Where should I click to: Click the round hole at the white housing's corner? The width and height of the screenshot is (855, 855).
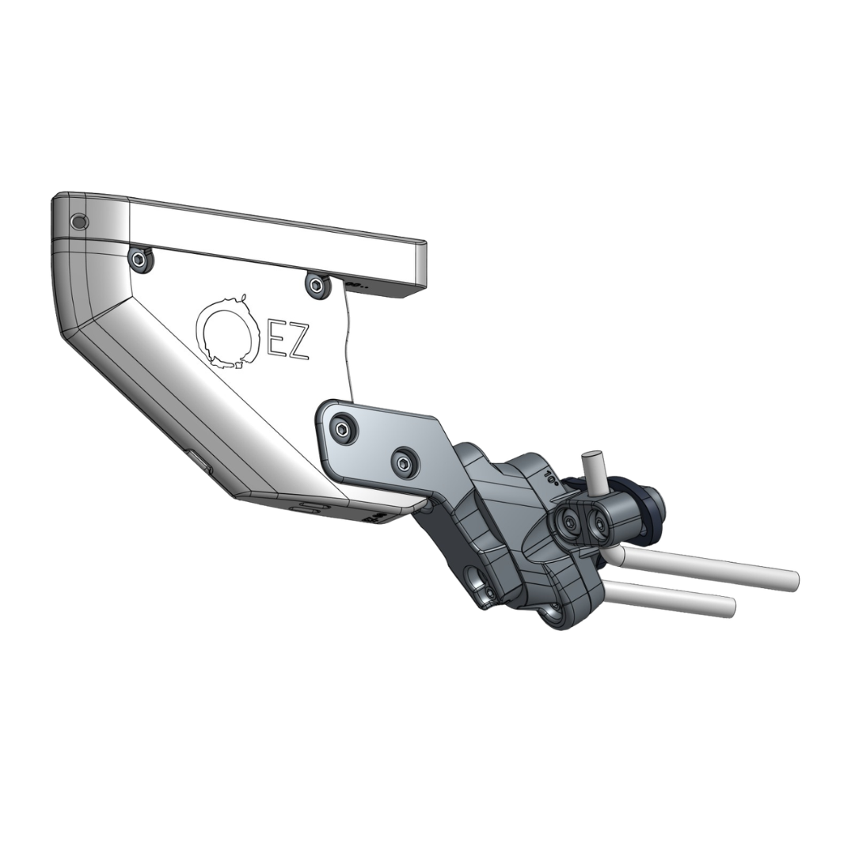[78, 222]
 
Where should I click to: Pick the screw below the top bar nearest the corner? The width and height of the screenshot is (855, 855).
[141, 259]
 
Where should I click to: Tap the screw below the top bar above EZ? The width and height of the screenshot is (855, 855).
[317, 285]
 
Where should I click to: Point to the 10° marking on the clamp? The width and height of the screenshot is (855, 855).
[552, 477]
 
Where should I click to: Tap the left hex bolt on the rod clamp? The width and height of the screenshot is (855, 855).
[569, 520]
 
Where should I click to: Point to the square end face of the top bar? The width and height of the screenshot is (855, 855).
[420, 267]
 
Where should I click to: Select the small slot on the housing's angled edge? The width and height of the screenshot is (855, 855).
[197, 462]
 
